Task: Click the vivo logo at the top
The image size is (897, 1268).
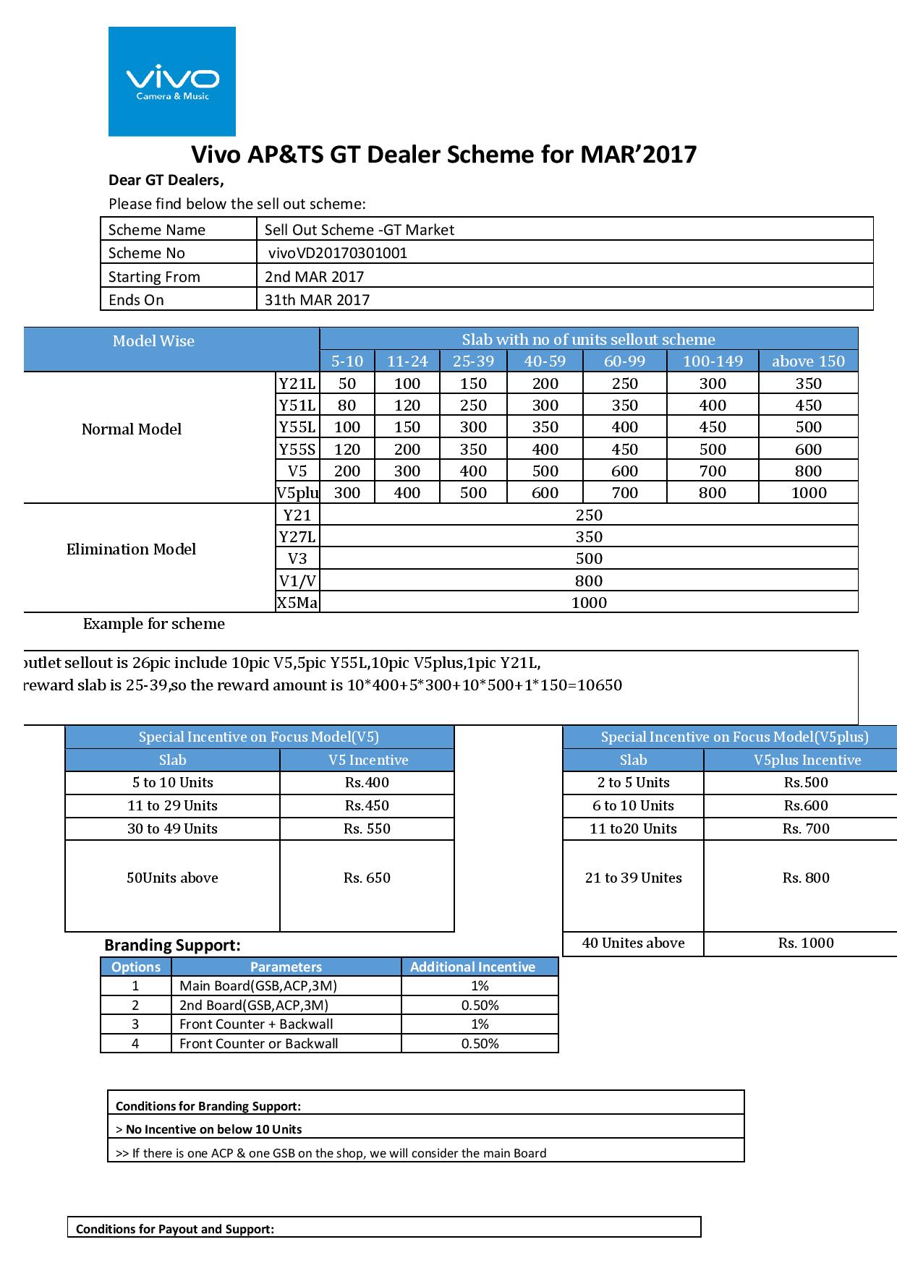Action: click(x=172, y=81)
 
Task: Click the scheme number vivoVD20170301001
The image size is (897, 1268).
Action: click(x=337, y=253)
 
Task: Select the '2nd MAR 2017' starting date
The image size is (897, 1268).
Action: click(x=314, y=277)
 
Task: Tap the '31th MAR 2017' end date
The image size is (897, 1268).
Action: click(x=317, y=300)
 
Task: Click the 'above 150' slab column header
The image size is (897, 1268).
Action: click(x=808, y=361)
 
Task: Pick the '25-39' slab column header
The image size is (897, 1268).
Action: click(x=473, y=361)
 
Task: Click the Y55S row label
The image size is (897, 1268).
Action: click(x=297, y=449)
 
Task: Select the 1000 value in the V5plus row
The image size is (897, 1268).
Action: click(x=808, y=493)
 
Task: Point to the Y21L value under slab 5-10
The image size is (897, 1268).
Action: click(x=347, y=383)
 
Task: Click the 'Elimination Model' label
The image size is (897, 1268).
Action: click(x=131, y=549)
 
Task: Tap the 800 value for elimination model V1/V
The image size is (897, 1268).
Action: click(x=589, y=581)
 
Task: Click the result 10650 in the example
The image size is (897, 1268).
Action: click(x=598, y=685)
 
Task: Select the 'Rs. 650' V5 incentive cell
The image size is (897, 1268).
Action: click(x=367, y=878)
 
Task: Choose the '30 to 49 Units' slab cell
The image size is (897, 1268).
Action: click(x=172, y=829)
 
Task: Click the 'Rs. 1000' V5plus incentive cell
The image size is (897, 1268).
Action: click(x=806, y=943)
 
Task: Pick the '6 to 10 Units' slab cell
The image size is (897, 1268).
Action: click(x=633, y=806)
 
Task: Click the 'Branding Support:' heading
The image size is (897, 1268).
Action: click(x=172, y=946)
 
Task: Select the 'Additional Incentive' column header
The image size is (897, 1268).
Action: click(x=472, y=967)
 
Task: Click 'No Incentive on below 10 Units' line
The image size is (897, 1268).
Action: click(x=213, y=1129)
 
